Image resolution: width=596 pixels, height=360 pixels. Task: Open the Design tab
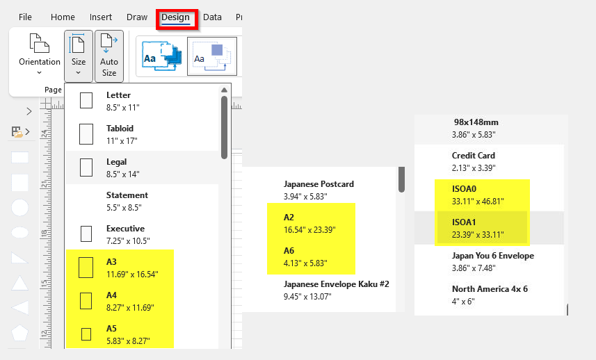coord(175,17)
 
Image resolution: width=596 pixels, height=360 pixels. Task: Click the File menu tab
coord(25,17)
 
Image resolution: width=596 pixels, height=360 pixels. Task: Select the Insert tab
coord(101,17)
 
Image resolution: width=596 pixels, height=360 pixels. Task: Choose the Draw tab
coord(137,17)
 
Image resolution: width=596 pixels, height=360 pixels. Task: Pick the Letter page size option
coord(142,101)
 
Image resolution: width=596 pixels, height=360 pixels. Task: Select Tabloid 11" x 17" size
coord(142,134)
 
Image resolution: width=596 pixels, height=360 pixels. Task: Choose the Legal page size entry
coord(142,168)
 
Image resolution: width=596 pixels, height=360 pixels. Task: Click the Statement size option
coord(142,202)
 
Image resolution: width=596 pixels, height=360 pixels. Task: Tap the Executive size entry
coord(142,235)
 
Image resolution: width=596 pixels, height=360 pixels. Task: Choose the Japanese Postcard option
coord(319,190)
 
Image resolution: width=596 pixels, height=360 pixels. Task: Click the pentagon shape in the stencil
coord(19,333)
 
